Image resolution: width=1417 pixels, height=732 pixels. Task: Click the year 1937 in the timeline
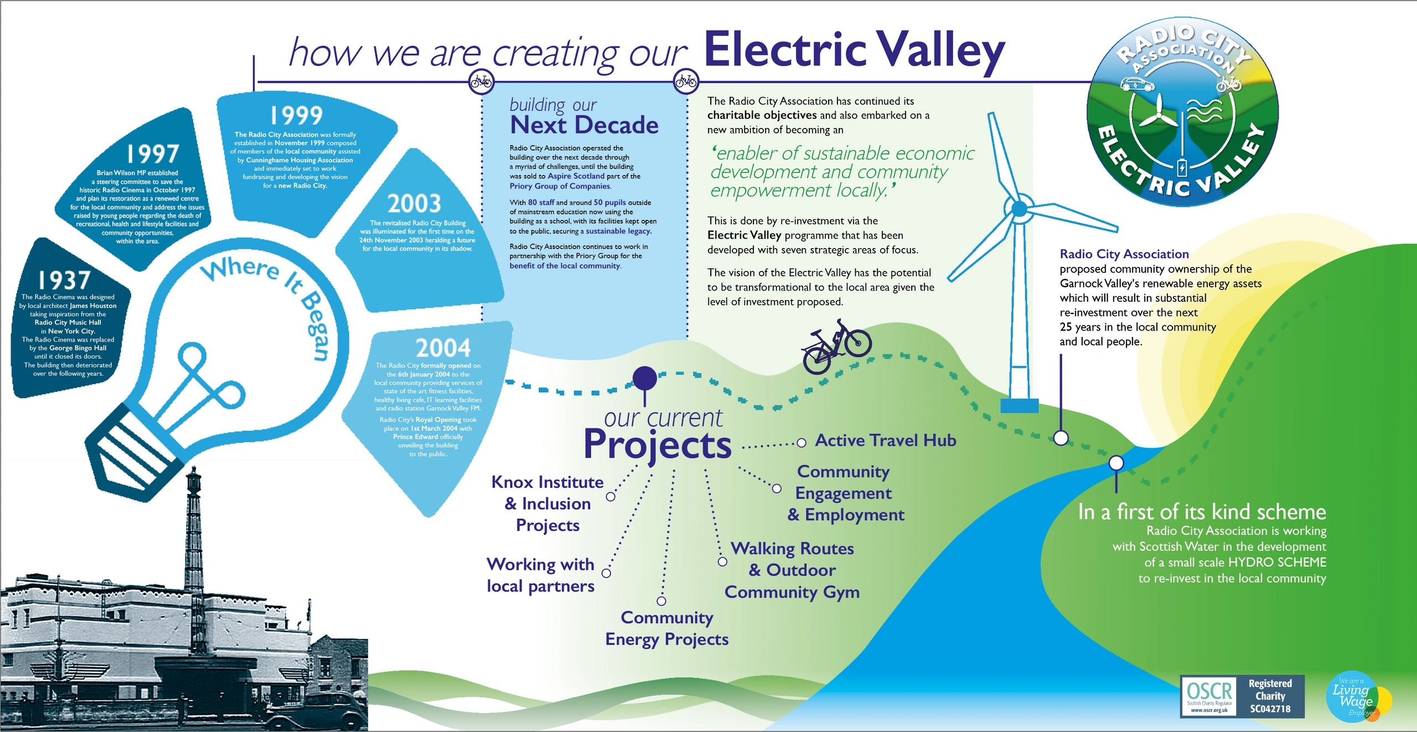[64, 280]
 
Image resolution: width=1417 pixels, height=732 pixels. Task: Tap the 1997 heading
[153, 153]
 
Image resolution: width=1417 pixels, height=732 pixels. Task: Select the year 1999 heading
[296, 115]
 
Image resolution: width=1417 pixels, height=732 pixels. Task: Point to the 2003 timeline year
[414, 204]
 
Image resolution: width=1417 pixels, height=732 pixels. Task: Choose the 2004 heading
[443, 348]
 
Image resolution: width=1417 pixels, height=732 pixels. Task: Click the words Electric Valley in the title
[854, 51]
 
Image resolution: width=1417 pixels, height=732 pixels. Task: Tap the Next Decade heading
[584, 125]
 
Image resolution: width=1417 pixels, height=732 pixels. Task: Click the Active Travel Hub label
[886, 440]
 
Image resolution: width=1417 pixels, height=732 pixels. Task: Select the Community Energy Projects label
[666, 628]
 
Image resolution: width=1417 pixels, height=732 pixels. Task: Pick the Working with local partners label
[541, 575]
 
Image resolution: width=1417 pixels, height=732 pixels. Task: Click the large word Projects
[657, 445]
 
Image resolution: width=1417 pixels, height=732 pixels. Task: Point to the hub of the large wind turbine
[1019, 209]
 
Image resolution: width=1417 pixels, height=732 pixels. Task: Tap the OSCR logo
[1209, 696]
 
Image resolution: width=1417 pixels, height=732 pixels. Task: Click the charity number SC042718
[1270, 709]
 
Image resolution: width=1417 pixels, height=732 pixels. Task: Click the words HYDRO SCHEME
[1277, 562]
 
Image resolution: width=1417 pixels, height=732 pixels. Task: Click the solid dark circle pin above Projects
[644, 379]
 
